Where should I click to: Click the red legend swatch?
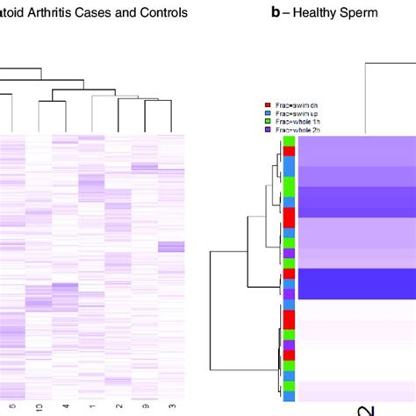[268, 104]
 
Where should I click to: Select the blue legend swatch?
[268, 113]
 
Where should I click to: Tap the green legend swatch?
[268, 121]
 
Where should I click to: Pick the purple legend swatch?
[268, 130]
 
